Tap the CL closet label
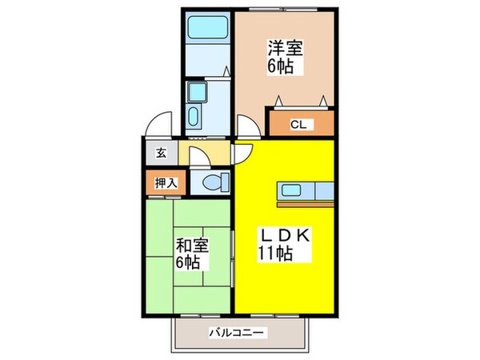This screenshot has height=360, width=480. click(297, 124)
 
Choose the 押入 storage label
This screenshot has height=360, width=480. click(161, 181)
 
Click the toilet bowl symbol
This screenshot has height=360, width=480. click(214, 181)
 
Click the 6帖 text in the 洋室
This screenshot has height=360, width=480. click(282, 66)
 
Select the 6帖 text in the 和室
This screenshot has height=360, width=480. click(190, 263)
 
